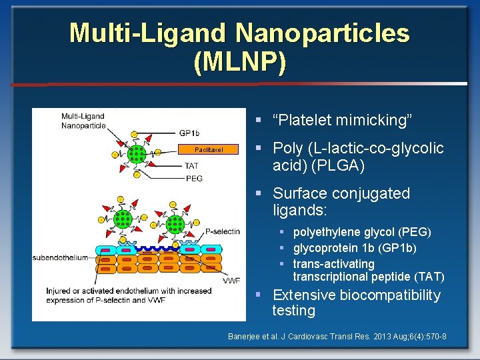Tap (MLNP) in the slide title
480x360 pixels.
(x=240, y=61)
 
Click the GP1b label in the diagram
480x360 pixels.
(x=189, y=132)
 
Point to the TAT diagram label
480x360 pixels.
(x=191, y=165)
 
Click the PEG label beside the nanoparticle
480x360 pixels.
(x=193, y=178)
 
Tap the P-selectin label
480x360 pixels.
(x=222, y=231)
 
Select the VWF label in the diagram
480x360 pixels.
(x=231, y=281)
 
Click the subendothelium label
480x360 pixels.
(x=60, y=257)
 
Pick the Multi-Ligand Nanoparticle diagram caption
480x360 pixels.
(x=83, y=121)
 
